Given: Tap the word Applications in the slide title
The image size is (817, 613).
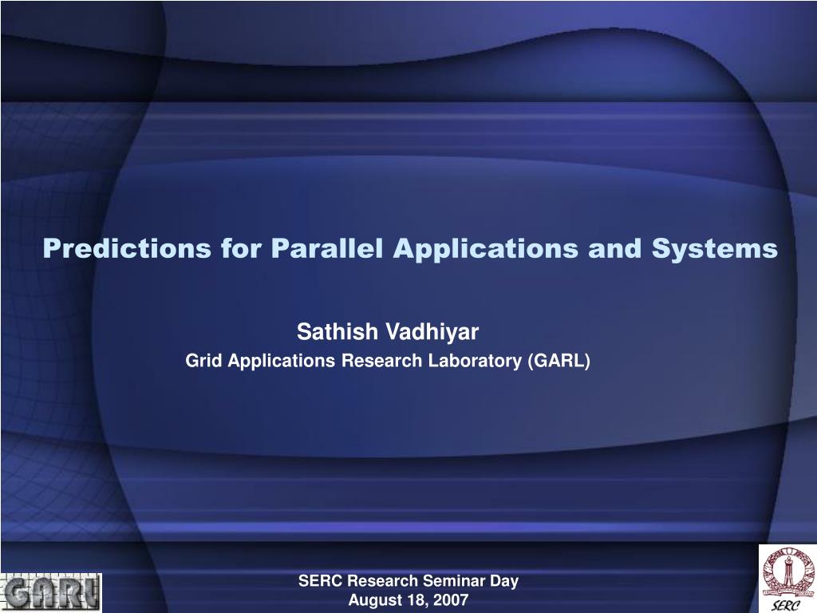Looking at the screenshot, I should coord(486,248).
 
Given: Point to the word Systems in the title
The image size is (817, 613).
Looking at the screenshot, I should coord(714,248).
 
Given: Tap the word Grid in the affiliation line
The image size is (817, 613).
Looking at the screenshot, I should coord(203,361).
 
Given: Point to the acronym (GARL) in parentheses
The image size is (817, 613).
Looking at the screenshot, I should coord(558,361).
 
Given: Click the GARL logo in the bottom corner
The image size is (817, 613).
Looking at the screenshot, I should coord(51,591).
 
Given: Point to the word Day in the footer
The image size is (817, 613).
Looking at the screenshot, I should coord(505,581).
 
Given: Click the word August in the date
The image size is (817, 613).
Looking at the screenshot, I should coord(371,600).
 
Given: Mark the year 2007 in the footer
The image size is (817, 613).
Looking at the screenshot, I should coord(452,600).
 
